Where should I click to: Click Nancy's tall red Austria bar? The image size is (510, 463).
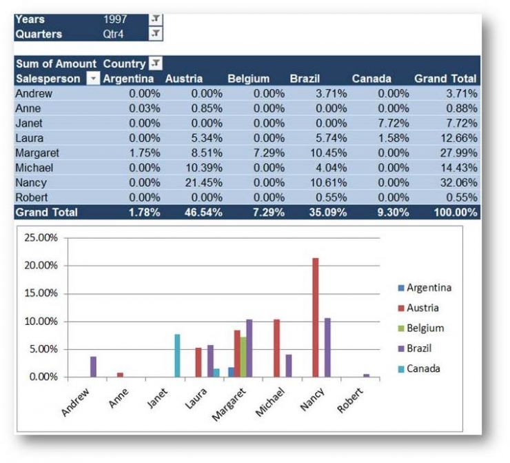coord(316,317)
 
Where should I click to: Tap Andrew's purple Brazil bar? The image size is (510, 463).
coord(93,366)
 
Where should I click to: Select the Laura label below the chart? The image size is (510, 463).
coord(198,398)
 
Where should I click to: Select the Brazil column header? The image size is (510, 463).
coord(305,79)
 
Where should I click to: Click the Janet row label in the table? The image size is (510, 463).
coord(28,123)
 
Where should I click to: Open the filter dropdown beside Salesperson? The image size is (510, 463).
coord(93,79)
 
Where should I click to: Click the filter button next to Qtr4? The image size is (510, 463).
coord(156,33)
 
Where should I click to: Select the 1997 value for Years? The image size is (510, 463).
coord(115,19)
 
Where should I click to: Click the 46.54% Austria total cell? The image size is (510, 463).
coord(204,213)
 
